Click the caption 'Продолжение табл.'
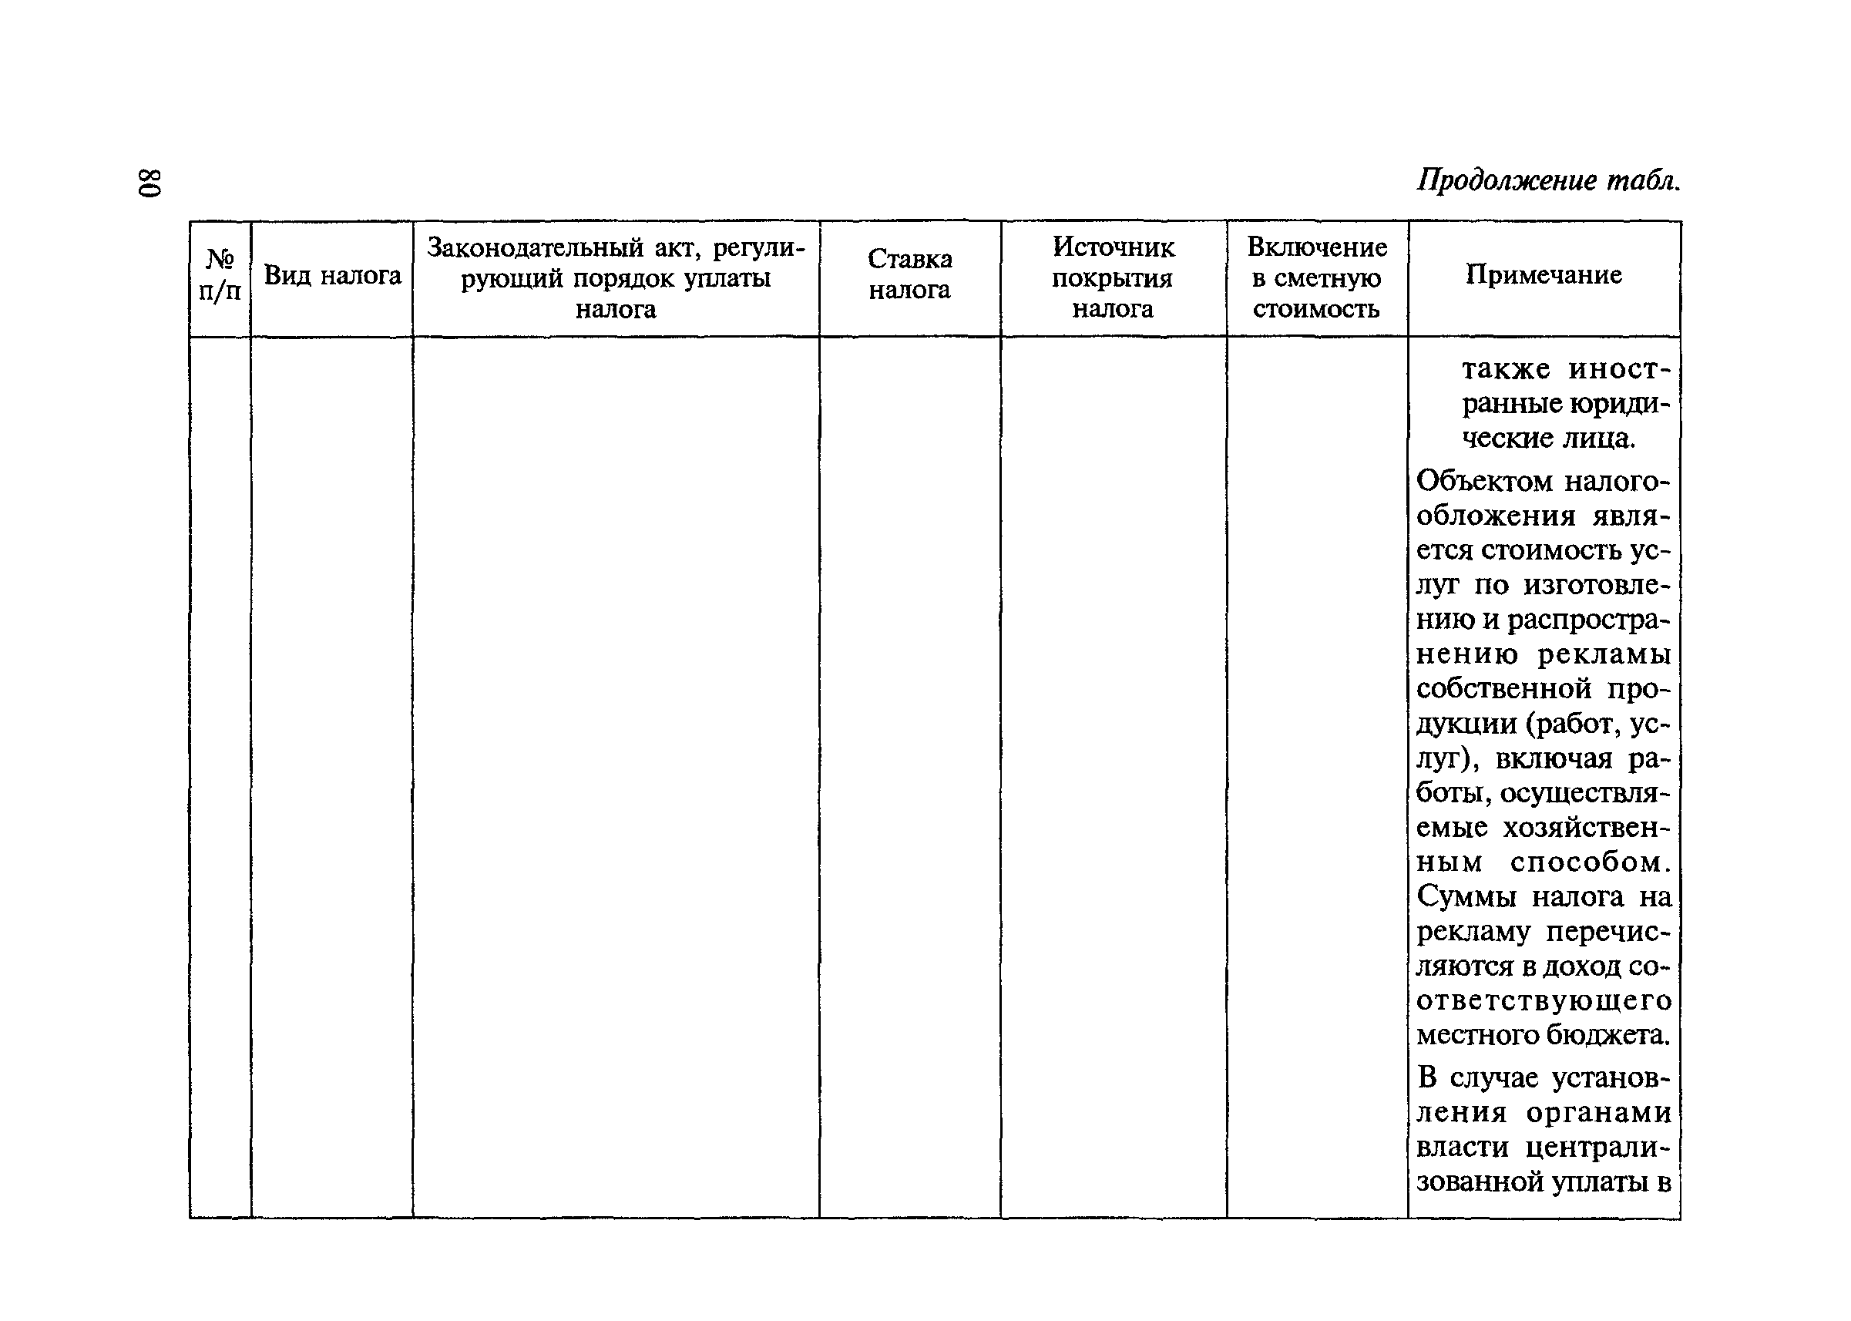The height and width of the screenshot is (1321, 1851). point(1547,180)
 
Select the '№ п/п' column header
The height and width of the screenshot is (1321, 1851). point(220,276)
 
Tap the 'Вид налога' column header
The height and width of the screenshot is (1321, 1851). point(333,277)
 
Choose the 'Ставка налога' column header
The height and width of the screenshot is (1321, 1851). point(909,275)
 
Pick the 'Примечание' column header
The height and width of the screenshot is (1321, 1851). point(1543,275)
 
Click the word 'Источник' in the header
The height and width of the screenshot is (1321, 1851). point(1113,247)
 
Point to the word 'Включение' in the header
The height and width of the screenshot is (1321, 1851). point(1317,247)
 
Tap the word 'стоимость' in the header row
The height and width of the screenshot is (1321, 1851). point(1315,309)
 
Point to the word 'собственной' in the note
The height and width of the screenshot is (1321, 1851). point(1503,689)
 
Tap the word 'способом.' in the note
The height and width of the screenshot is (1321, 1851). point(1591,862)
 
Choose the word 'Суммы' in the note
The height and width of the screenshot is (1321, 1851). point(1466,896)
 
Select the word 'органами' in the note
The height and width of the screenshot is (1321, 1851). point(1598,1112)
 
